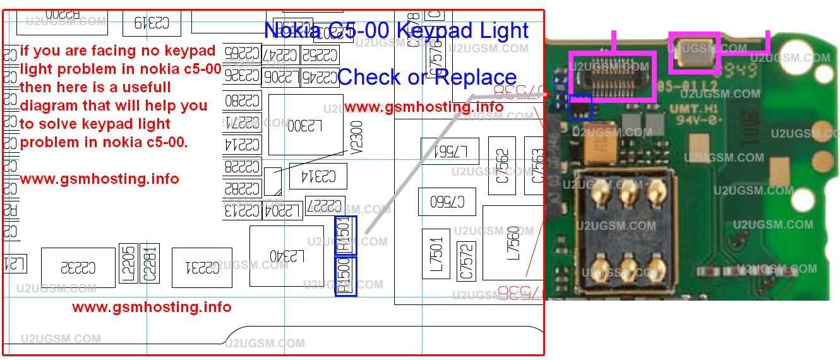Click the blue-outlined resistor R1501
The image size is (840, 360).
click(345, 236)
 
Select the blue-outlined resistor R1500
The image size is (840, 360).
click(345, 276)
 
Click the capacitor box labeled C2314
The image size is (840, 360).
click(319, 175)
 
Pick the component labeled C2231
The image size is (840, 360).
click(203, 268)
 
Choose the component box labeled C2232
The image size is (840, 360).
click(78, 268)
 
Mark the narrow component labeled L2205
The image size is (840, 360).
click(128, 263)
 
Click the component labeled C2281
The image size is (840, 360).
click(150, 263)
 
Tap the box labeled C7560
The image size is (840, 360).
click(447, 201)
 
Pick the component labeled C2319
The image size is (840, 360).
click(152, 23)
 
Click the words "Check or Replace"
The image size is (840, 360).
click(427, 77)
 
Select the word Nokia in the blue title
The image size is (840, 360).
click(292, 30)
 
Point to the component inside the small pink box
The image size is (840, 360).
click(695, 52)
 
